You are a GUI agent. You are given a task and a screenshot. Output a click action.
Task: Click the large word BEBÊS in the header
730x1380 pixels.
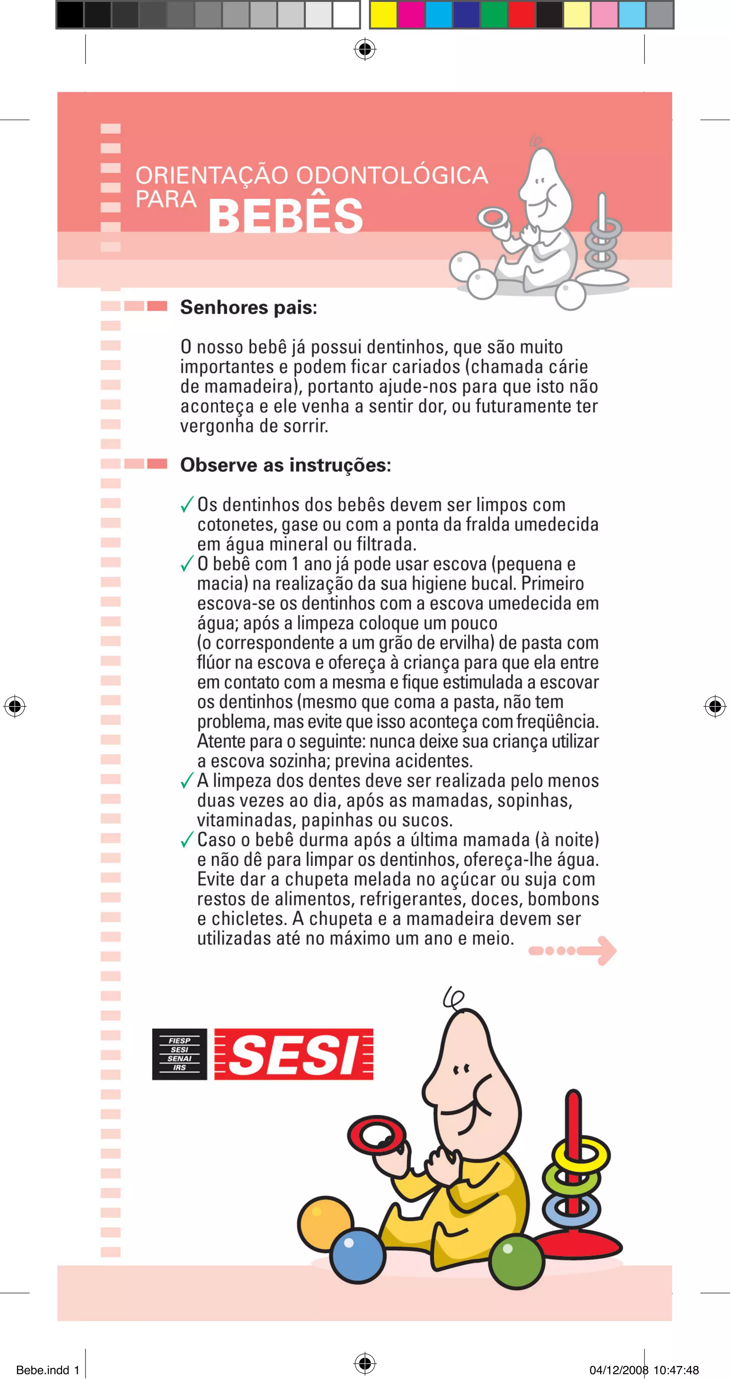click(286, 216)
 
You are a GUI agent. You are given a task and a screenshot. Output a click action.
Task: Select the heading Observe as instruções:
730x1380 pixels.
click(285, 465)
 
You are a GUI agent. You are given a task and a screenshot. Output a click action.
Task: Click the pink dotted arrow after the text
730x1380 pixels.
click(572, 950)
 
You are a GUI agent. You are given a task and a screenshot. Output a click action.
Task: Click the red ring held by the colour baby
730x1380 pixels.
click(376, 1135)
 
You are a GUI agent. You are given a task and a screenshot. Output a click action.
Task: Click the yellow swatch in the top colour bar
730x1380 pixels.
click(383, 15)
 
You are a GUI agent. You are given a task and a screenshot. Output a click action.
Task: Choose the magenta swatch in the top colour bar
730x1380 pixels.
click(411, 15)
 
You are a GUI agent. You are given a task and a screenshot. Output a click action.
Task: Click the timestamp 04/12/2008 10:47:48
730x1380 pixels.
click(644, 1370)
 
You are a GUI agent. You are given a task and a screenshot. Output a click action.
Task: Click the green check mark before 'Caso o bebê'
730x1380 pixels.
click(187, 840)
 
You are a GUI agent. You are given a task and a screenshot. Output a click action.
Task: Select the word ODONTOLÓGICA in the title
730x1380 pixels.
click(392, 175)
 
